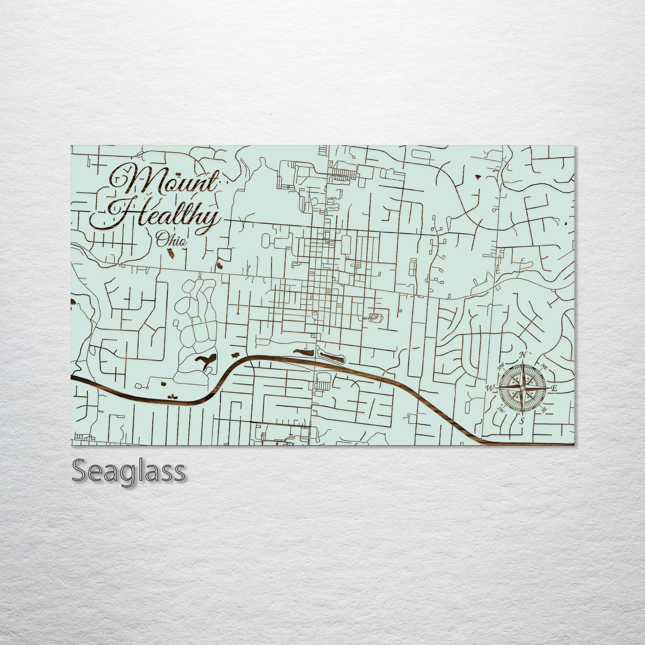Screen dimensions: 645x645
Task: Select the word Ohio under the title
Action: [171, 239]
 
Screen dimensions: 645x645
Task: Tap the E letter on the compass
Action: [553, 388]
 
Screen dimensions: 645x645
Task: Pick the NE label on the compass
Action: [544, 367]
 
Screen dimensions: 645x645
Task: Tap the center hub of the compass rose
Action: [522, 388]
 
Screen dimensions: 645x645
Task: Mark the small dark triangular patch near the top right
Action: [478, 176]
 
